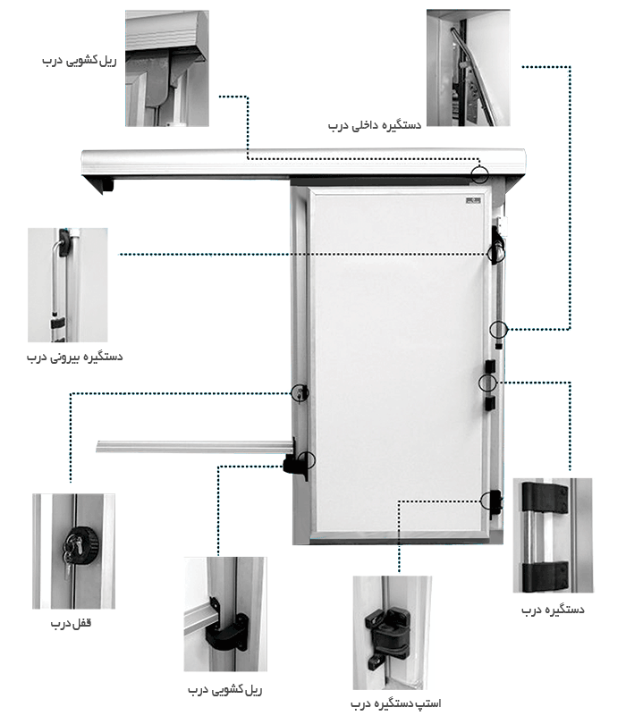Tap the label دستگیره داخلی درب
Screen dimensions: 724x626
[x=375, y=127]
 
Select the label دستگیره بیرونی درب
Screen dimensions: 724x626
[x=74, y=358]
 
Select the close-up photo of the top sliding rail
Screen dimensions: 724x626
[x=166, y=67]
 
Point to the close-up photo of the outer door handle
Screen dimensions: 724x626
[x=67, y=285]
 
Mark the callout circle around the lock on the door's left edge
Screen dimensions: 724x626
[x=300, y=391]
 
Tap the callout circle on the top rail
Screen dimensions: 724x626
[x=481, y=174]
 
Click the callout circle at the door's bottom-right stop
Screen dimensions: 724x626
[x=489, y=501]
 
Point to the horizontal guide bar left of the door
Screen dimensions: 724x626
[x=192, y=445]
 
